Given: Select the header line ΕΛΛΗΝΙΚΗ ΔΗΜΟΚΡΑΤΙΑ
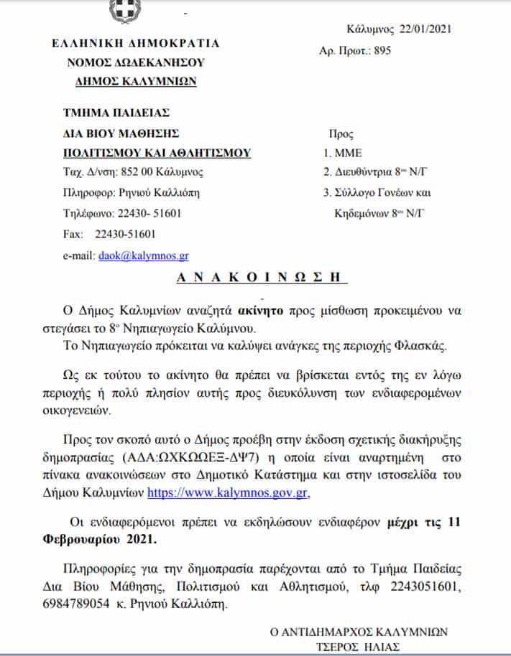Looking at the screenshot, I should pos(136,43).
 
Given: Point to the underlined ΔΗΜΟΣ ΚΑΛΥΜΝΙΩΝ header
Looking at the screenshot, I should pos(136,81).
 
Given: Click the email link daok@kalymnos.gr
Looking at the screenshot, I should pos(144,255).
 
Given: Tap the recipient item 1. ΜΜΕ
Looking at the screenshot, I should pos(343,153).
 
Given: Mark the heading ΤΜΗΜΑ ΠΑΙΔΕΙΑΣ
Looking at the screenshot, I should pos(117,113).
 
